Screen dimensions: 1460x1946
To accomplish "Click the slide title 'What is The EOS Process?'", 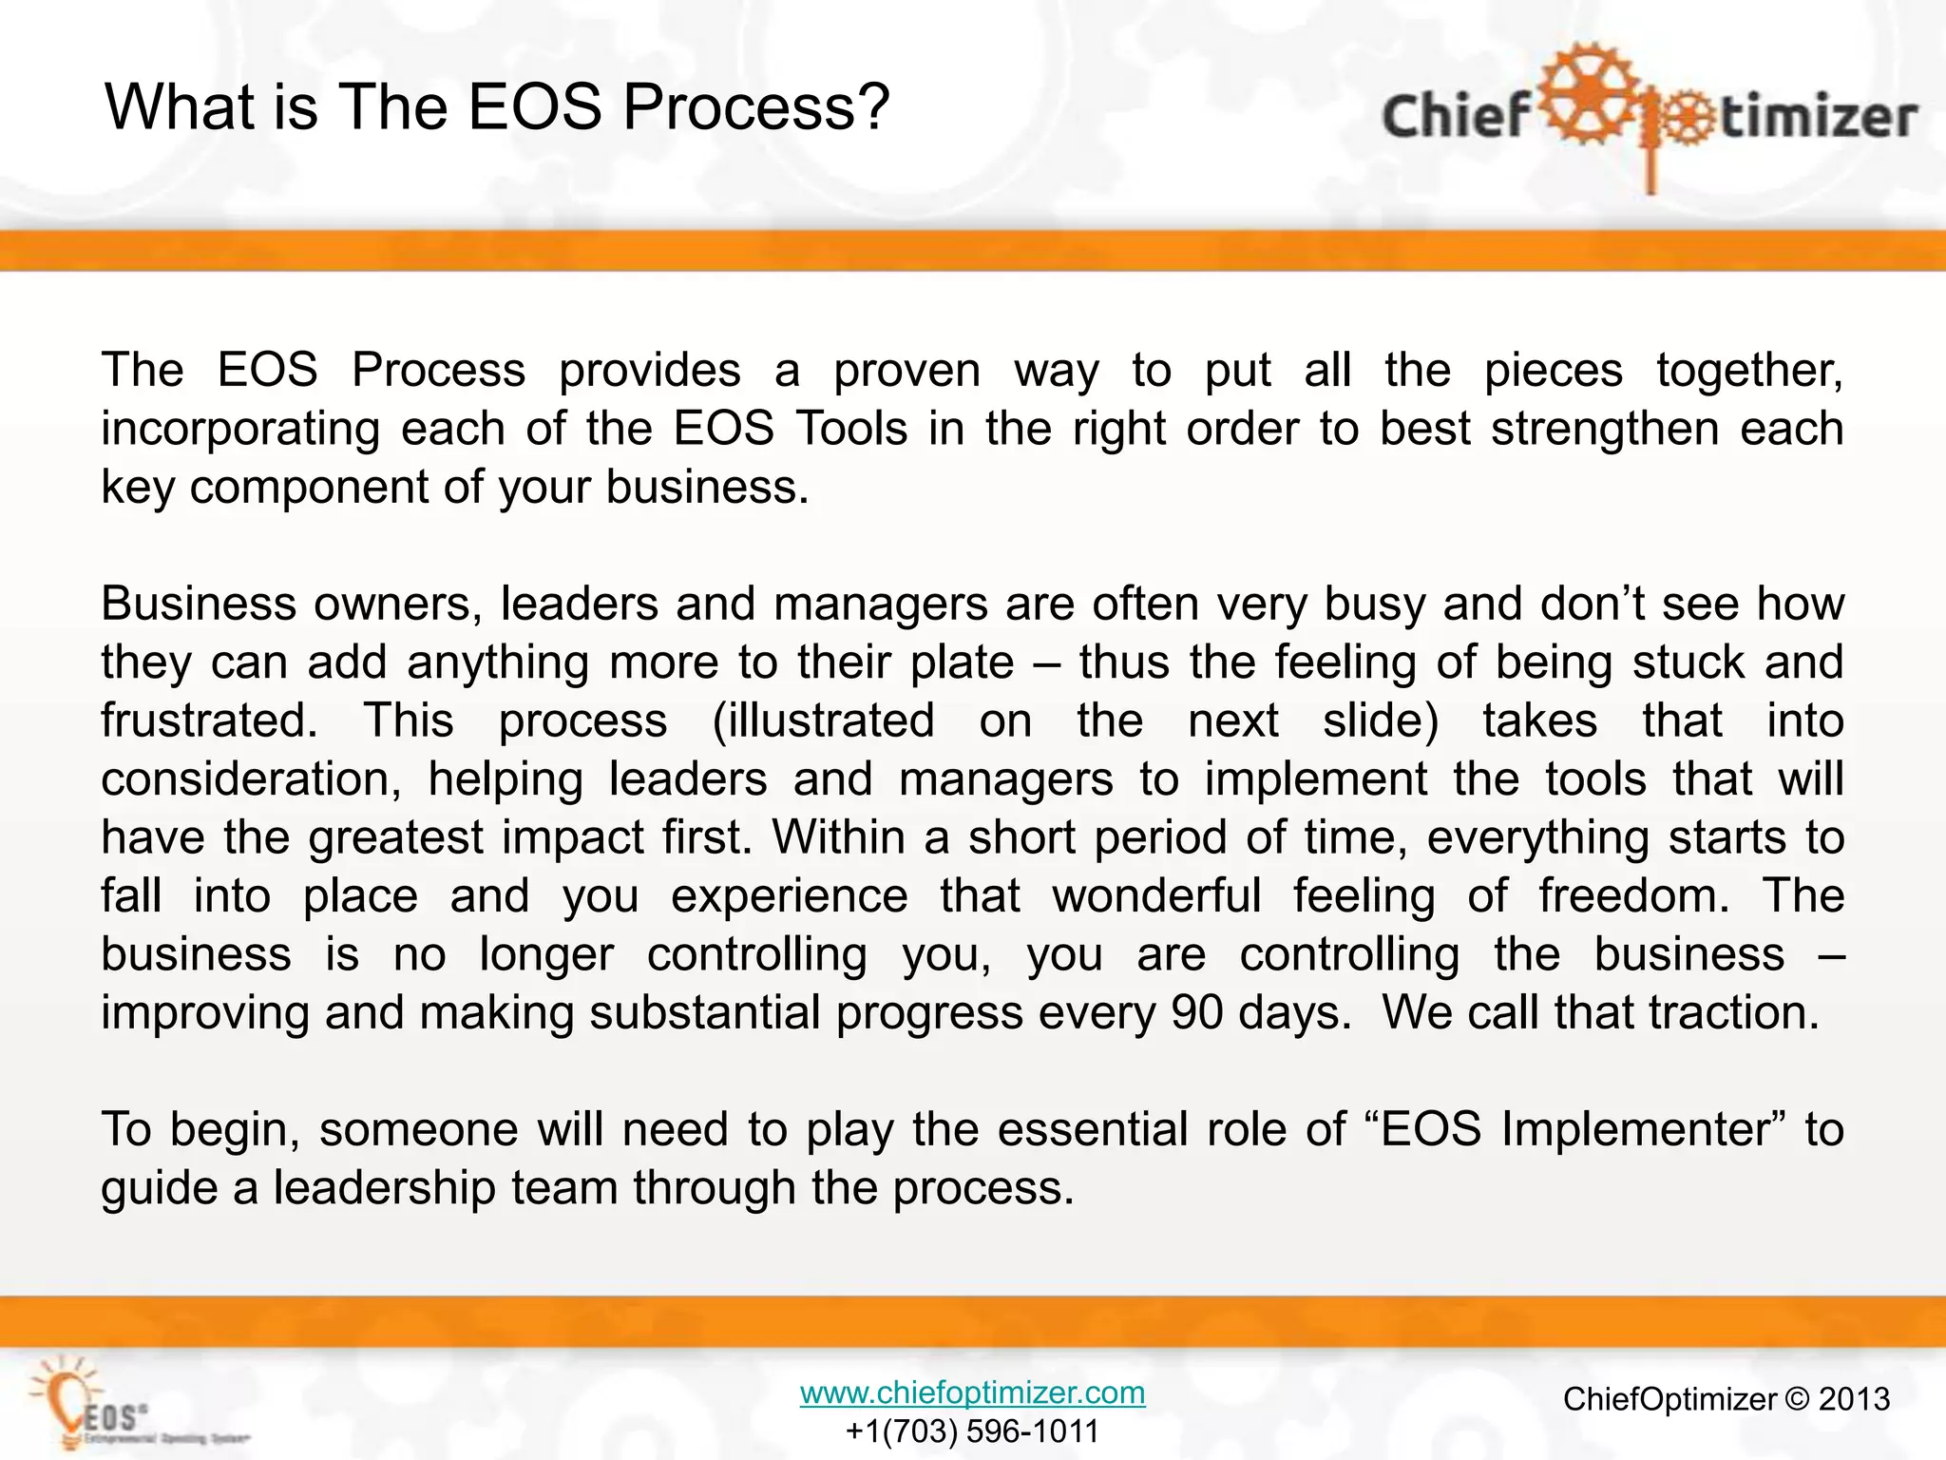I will click(497, 106).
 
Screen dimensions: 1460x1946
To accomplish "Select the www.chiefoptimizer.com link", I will click(972, 1393).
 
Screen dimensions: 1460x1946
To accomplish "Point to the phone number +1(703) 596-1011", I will click(972, 1431).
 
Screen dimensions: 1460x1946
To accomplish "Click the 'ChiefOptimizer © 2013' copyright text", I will click(1726, 1399).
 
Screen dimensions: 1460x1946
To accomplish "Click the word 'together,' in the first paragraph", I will click(1749, 371).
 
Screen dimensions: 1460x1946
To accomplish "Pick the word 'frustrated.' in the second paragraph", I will click(209, 720).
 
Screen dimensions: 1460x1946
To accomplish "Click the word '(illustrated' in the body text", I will click(823, 720).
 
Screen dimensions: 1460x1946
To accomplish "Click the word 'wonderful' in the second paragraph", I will click(1156, 895).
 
